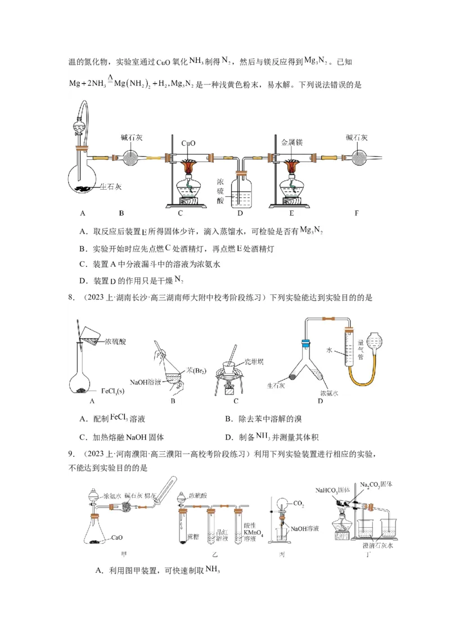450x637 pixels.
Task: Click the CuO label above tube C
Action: click(x=188, y=143)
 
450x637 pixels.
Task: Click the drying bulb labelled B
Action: click(x=131, y=158)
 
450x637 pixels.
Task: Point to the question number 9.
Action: click(x=71, y=454)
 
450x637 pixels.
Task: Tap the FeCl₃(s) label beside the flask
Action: click(x=113, y=391)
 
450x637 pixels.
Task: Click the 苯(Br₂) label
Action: click(x=198, y=370)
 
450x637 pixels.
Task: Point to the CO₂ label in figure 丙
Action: click(x=298, y=505)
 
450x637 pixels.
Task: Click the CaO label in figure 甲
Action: click(x=117, y=537)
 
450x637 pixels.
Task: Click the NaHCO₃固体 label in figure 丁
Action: click(x=333, y=490)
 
